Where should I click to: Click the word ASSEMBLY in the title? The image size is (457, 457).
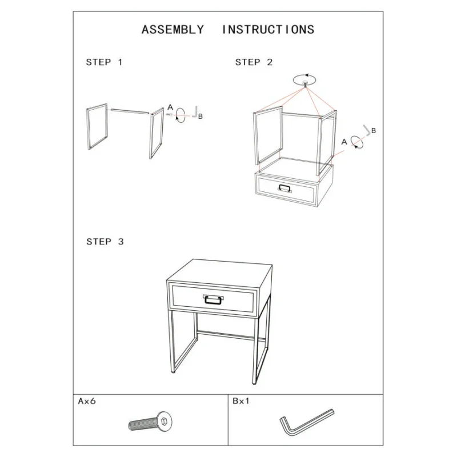[173, 30]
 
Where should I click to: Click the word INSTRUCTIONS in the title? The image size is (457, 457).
[268, 30]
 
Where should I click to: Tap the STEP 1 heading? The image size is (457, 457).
[104, 62]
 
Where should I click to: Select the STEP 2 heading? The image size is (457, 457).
[254, 62]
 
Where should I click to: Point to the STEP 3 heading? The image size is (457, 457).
[105, 242]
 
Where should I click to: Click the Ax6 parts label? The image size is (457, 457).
[87, 402]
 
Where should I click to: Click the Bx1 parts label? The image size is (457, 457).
[241, 402]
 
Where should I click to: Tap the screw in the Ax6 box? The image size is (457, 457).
[150, 422]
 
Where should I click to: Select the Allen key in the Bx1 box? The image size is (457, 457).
[306, 423]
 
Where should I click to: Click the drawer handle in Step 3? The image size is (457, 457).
[213, 299]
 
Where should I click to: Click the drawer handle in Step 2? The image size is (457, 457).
[284, 189]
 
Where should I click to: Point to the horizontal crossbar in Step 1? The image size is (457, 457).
[130, 111]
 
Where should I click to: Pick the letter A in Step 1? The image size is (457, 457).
[170, 107]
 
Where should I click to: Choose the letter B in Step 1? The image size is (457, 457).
[201, 117]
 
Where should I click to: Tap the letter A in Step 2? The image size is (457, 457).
[344, 142]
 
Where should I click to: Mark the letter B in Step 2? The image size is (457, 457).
[374, 131]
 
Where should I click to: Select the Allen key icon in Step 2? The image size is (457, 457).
[367, 131]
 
